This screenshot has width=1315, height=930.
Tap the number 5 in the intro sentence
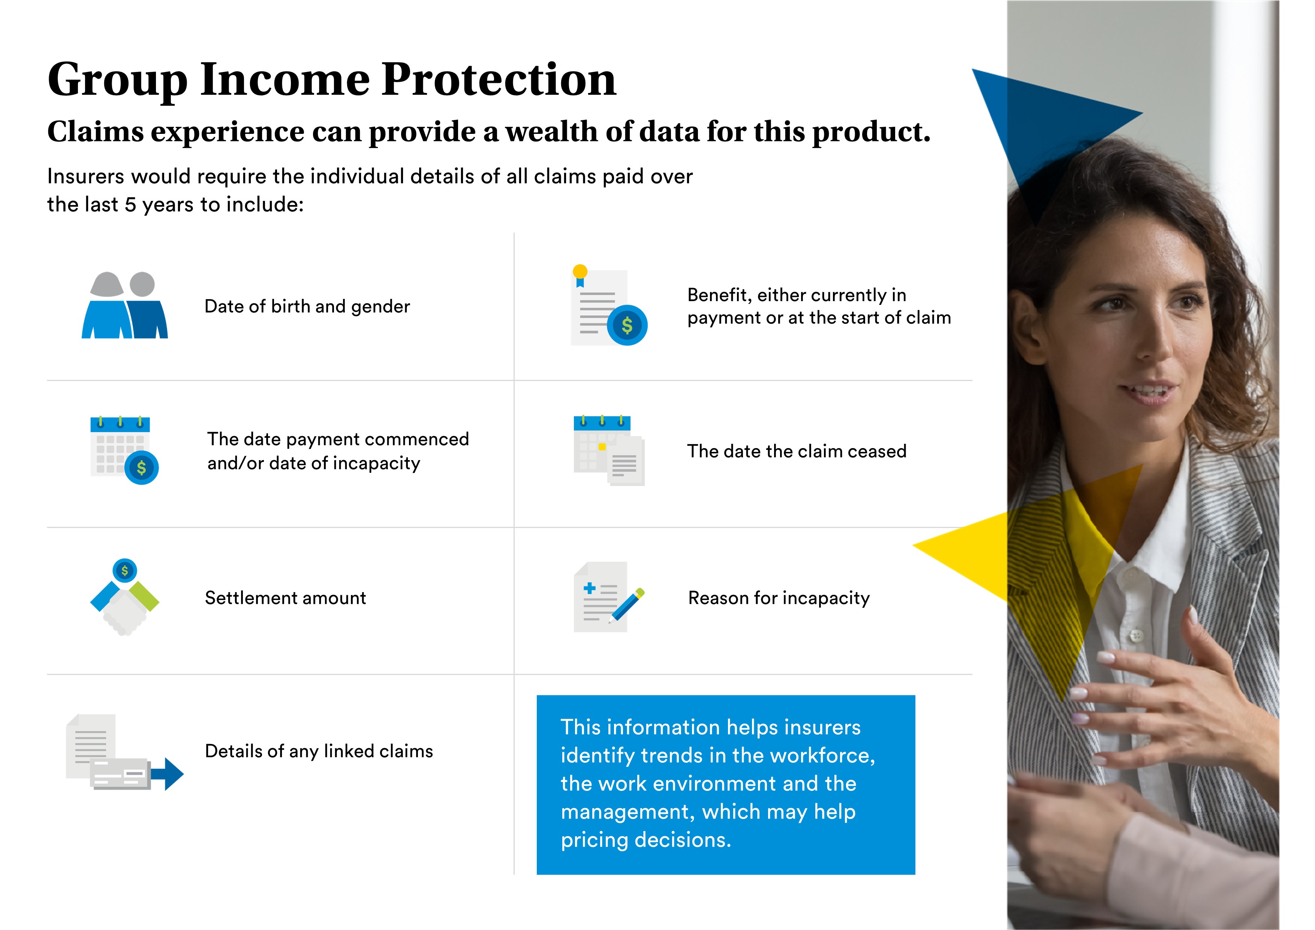point(130,205)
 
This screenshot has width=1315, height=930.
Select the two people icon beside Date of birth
point(124,305)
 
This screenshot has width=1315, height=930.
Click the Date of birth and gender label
point(307,306)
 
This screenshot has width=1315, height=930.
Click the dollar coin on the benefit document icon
point(627,325)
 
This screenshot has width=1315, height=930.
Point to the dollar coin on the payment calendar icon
point(141,468)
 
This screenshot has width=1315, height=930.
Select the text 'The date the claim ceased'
point(797,451)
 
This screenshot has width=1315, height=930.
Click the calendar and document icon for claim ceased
point(609,450)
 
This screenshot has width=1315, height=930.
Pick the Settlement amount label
point(285,598)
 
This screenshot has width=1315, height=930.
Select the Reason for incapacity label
point(779,598)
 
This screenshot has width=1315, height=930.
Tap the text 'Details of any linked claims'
point(319,751)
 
